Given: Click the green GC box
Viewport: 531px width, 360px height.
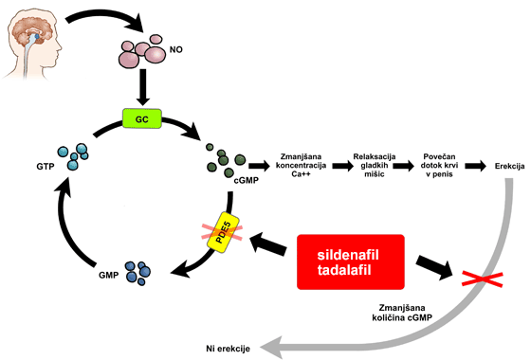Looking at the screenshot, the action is click(142, 118).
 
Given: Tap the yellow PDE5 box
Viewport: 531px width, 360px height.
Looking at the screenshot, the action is click(223, 233).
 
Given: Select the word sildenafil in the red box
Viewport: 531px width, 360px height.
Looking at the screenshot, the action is click(348, 255).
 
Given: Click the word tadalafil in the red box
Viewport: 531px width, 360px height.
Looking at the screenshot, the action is click(344, 270).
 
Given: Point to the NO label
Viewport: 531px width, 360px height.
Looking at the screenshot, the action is click(175, 49).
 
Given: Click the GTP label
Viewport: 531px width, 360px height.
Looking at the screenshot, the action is click(46, 167).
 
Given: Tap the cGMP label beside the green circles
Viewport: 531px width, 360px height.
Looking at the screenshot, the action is click(247, 180).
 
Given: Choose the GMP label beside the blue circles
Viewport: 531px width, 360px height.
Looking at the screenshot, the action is click(109, 275).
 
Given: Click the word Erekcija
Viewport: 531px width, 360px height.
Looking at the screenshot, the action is click(510, 166).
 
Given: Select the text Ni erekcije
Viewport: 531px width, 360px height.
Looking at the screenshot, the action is click(228, 349).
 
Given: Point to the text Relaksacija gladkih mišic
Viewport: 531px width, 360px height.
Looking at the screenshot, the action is click(375, 166).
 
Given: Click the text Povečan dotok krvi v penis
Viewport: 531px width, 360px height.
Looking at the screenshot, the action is click(439, 166).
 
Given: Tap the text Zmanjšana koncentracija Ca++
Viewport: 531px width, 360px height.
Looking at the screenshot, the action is click(302, 166).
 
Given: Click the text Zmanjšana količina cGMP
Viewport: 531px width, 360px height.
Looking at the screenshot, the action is click(402, 313).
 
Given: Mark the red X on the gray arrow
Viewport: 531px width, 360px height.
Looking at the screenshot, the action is click(483, 279).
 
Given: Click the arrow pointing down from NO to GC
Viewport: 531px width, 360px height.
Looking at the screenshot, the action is click(143, 87).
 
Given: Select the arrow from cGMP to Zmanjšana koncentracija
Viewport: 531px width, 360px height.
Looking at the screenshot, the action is click(259, 166).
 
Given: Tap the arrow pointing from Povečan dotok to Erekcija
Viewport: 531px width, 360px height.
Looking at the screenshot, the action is click(475, 166).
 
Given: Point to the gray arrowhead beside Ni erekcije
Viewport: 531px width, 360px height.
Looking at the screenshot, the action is click(272, 348).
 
